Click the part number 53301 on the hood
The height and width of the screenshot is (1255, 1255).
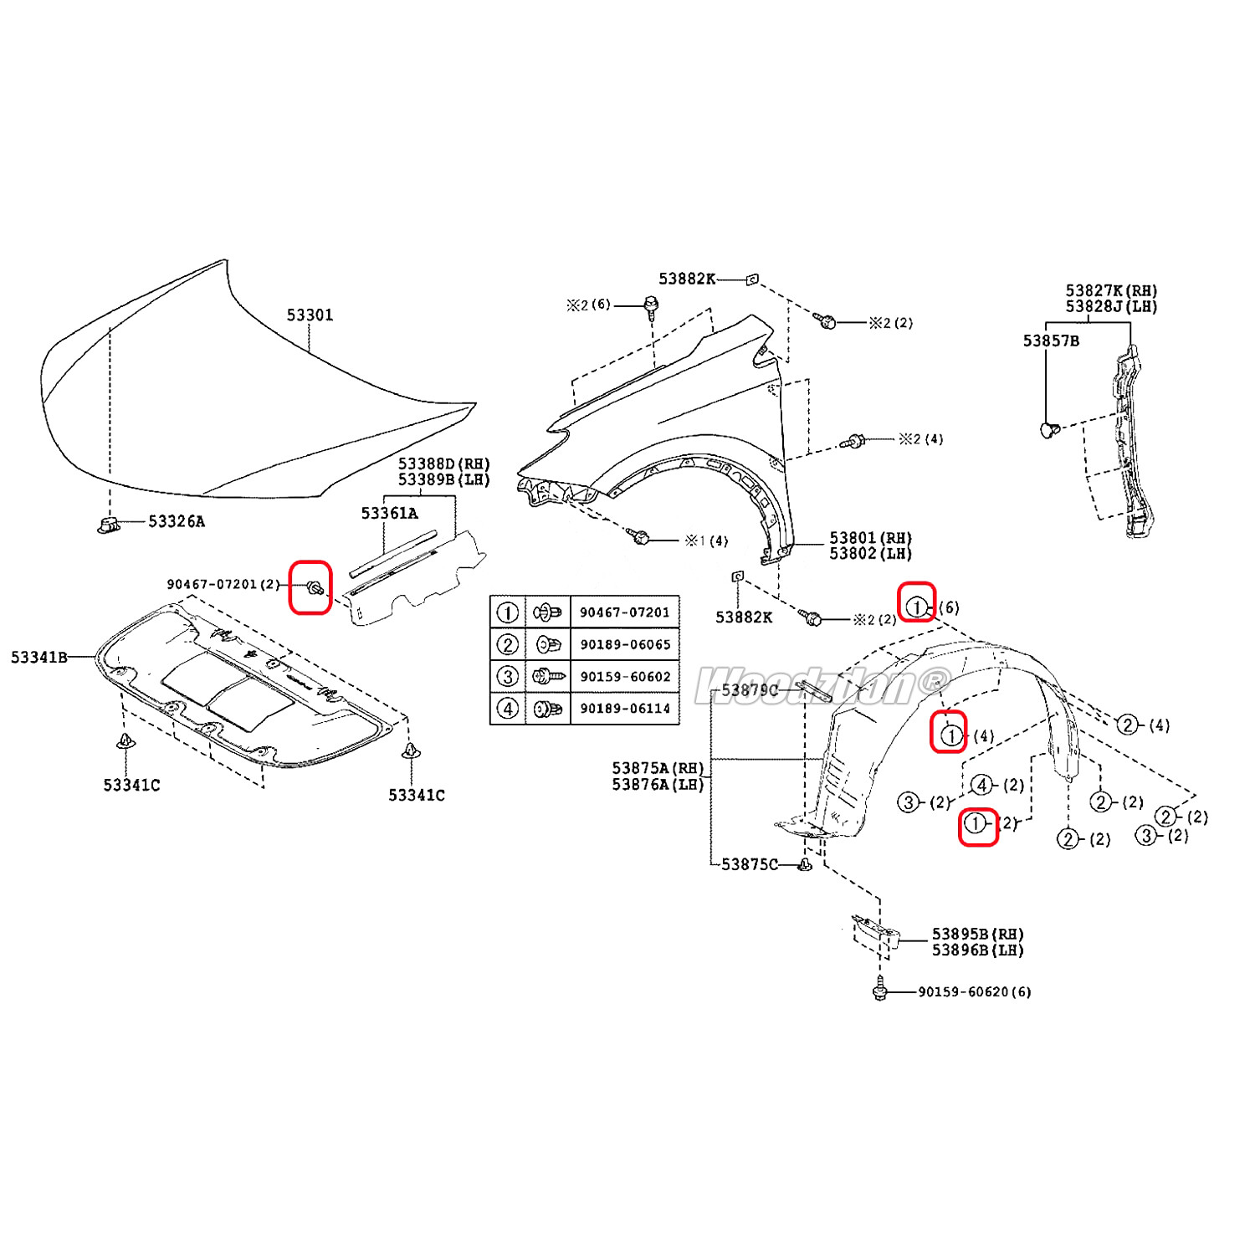click(310, 315)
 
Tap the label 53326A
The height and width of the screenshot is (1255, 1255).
click(176, 521)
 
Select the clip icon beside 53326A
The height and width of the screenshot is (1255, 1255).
click(106, 525)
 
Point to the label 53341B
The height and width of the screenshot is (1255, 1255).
click(38, 657)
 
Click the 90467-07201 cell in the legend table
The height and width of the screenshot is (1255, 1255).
click(624, 612)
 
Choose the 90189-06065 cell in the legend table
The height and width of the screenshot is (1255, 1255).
click(624, 644)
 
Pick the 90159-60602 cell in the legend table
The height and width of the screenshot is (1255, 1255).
click(624, 677)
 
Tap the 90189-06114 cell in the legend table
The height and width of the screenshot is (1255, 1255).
click(624, 709)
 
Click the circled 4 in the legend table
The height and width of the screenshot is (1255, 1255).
click(508, 709)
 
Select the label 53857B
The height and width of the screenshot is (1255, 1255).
click(1051, 341)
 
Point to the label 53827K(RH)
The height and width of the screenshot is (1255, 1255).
click(1111, 291)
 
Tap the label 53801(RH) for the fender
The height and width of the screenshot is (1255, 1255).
click(870, 538)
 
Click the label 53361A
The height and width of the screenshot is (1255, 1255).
click(389, 513)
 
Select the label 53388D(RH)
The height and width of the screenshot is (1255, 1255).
click(443, 464)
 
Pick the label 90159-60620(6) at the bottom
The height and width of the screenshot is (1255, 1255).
click(974, 992)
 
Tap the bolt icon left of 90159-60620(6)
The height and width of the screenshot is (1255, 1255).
click(878, 991)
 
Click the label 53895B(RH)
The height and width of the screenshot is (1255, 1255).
click(977, 935)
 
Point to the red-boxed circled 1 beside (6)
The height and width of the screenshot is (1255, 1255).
click(917, 607)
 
